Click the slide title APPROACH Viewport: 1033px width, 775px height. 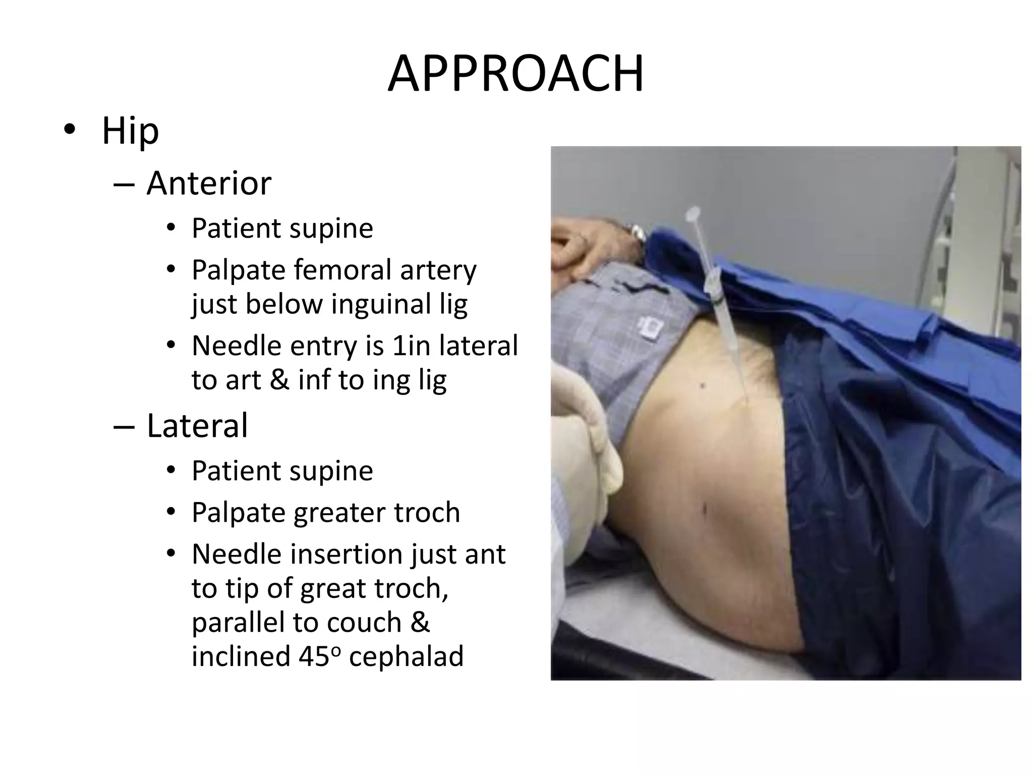click(x=515, y=75)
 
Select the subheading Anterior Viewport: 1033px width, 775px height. click(x=209, y=183)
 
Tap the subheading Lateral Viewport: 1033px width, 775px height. click(x=197, y=425)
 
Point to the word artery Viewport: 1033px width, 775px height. click(x=438, y=271)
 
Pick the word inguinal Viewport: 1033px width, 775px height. click(x=381, y=304)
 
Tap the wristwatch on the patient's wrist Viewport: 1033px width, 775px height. click(x=638, y=233)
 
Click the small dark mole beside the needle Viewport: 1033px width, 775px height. click(x=703, y=386)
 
